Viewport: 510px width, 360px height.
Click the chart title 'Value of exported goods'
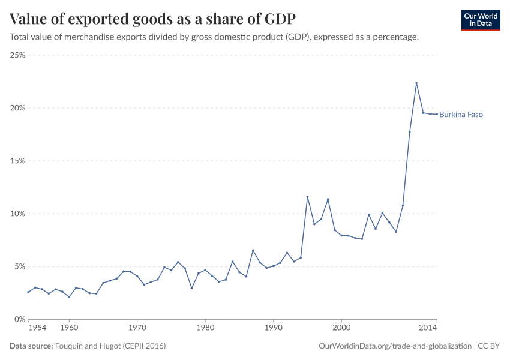click(152, 18)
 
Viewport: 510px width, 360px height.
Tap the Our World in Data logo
click(480, 20)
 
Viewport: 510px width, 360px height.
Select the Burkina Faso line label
click(461, 115)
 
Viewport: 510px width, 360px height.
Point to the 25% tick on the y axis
click(17, 55)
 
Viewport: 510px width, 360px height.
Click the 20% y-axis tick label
click(17, 108)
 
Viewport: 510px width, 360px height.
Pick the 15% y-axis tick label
click(17, 161)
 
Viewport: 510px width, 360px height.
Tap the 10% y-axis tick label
click(17, 214)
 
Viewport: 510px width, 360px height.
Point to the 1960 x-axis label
click(69, 329)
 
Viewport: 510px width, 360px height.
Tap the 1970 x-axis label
click(137, 329)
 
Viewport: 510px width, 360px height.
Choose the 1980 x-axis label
click(205, 329)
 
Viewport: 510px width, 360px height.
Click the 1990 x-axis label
click(273, 329)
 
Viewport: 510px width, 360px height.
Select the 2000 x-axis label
click(341, 329)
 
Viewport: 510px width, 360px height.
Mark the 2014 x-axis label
click(428, 329)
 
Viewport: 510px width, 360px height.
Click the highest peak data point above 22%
click(416, 83)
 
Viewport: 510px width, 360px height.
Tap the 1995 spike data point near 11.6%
click(307, 197)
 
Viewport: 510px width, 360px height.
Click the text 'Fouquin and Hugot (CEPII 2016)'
click(110, 346)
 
